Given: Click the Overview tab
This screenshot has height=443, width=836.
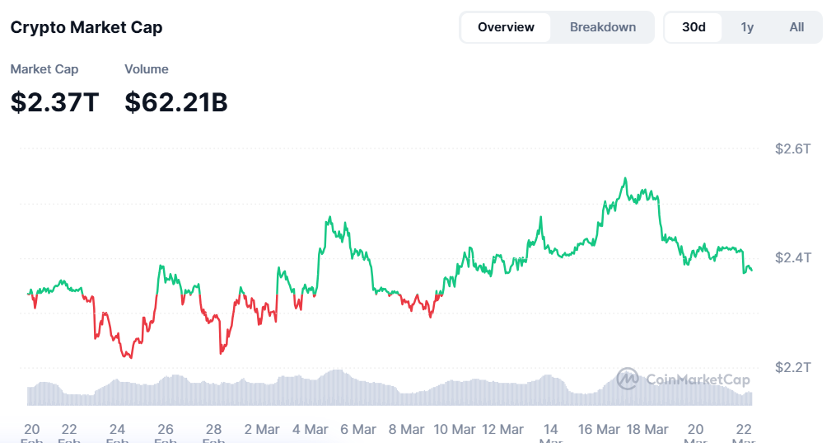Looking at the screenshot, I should tap(506, 27).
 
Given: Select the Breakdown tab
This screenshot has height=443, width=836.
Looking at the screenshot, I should tap(603, 27).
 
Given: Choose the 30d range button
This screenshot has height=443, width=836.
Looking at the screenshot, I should tap(694, 27).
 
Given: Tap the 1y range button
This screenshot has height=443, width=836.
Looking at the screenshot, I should tap(747, 27).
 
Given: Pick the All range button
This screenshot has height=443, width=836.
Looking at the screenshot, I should tap(796, 27).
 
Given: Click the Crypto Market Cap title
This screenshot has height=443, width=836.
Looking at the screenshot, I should tap(86, 27).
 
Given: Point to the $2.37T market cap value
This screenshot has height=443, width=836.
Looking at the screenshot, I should tap(54, 102).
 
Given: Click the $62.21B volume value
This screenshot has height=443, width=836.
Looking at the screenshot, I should tap(176, 102).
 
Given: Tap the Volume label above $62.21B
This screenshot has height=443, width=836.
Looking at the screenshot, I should tap(147, 69).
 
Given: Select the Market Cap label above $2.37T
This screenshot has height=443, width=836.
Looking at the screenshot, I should tap(44, 69).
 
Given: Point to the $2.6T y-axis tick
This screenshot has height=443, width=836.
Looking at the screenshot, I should tap(793, 149).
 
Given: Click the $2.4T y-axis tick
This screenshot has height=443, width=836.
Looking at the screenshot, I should tap(793, 257).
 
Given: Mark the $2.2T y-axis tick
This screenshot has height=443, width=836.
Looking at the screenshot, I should tap(793, 366).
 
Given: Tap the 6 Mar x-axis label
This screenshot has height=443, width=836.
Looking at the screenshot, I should tap(357, 430).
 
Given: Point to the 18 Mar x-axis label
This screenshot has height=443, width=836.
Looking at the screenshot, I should tap(647, 430).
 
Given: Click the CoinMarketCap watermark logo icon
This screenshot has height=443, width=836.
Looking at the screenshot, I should tap(628, 379).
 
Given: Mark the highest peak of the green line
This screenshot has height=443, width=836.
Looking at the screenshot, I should tap(626, 178).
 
